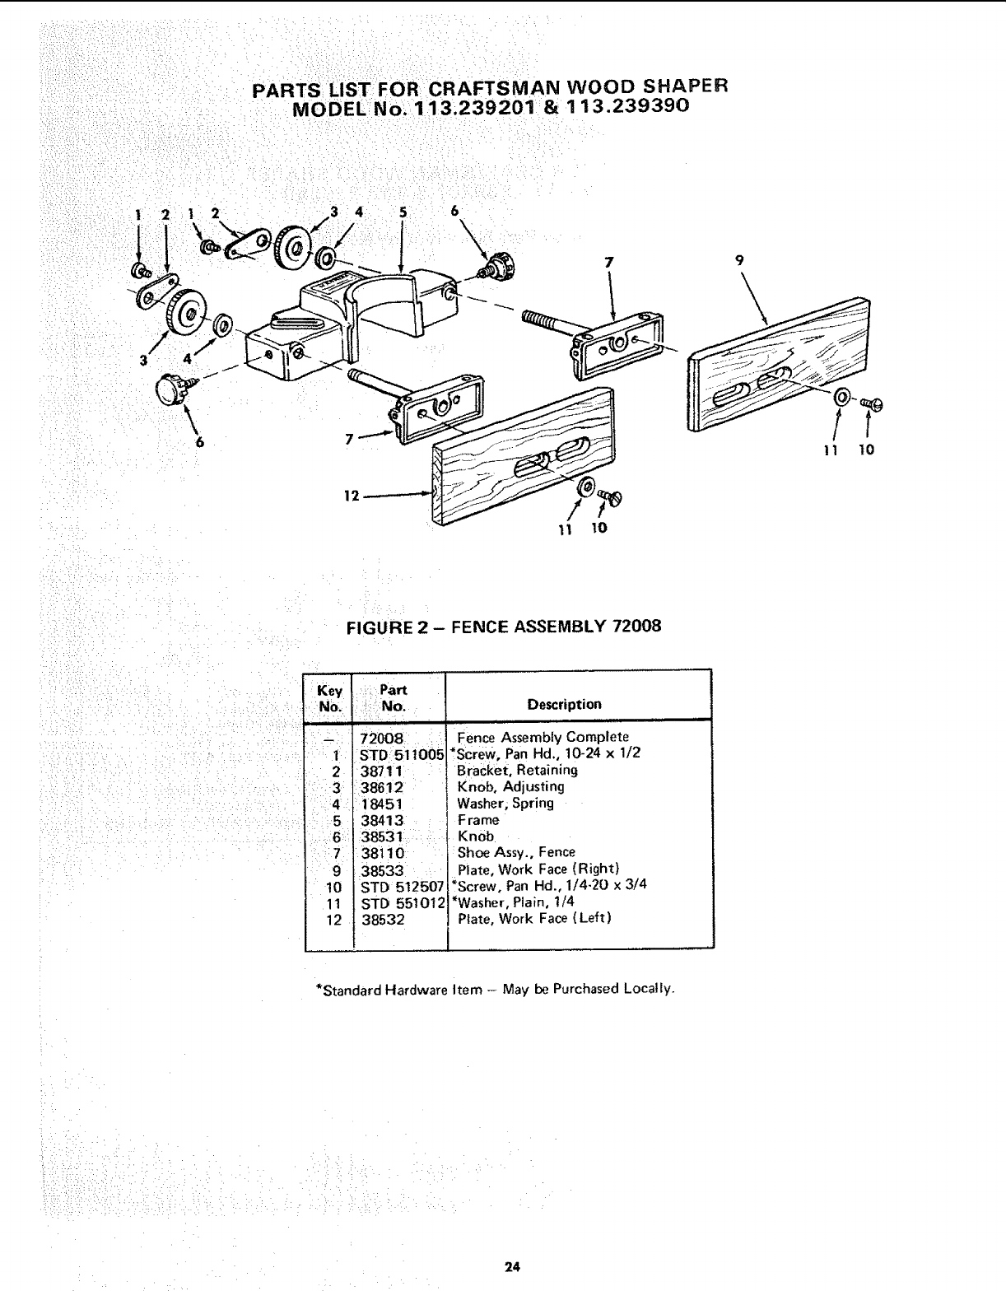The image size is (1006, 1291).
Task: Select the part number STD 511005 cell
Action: (403, 754)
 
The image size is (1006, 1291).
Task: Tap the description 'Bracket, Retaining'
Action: (517, 771)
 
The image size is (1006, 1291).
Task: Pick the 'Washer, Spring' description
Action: (505, 804)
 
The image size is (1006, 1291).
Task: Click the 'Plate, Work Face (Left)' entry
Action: (534, 919)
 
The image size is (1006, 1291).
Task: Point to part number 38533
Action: (383, 869)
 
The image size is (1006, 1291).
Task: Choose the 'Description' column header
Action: (564, 705)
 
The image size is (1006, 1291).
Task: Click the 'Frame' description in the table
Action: (478, 820)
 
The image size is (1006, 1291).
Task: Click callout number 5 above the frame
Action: (403, 212)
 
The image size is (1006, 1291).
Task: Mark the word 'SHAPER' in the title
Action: (687, 86)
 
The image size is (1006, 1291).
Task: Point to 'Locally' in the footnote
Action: (651, 988)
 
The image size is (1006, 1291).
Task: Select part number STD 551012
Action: (403, 903)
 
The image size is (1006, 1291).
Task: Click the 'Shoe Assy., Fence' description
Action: (516, 853)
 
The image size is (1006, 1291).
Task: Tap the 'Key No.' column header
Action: (329, 698)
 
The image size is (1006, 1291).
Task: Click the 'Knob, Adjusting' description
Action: (510, 787)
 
